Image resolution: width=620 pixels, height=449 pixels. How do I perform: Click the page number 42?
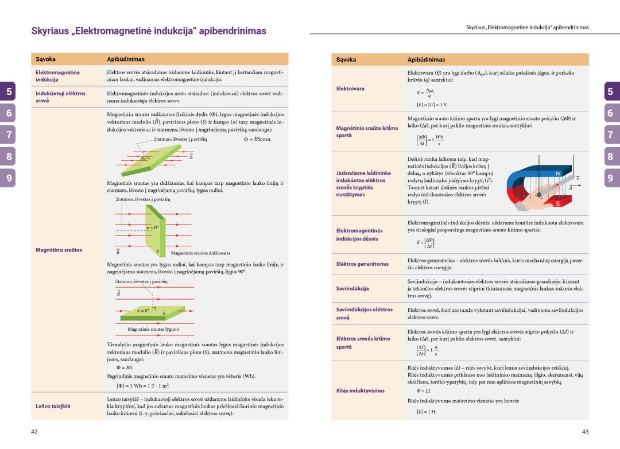pyautogui.click(x=34, y=431)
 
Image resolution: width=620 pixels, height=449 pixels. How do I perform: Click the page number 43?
pyautogui.click(x=586, y=431)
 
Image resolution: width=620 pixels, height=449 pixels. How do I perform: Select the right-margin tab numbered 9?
pyautogui.click(x=610, y=179)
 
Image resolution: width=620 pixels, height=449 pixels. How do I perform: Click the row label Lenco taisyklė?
pyautogui.click(x=53, y=406)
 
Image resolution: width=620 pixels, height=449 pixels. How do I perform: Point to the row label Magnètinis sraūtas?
pyautogui.click(x=59, y=250)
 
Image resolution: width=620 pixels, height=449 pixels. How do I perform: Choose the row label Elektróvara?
pyautogui.click(x=351, y=88)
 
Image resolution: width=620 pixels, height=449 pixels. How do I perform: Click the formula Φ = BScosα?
pyautogui.click(x=258, y=140)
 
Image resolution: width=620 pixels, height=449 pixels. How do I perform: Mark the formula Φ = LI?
pyautogui.click(x=416, y=391)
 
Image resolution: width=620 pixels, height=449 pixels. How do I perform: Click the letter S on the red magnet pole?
pyautogui.click(x=557, y=204)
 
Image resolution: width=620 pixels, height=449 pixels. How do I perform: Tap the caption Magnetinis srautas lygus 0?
pyautogui.click(x=153, y=329)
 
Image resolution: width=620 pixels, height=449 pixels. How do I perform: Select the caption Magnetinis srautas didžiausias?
pyautogui.click(x=200, y=253)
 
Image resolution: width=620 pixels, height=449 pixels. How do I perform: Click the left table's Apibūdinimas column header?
pyautogui.click(x=126, y=59)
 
